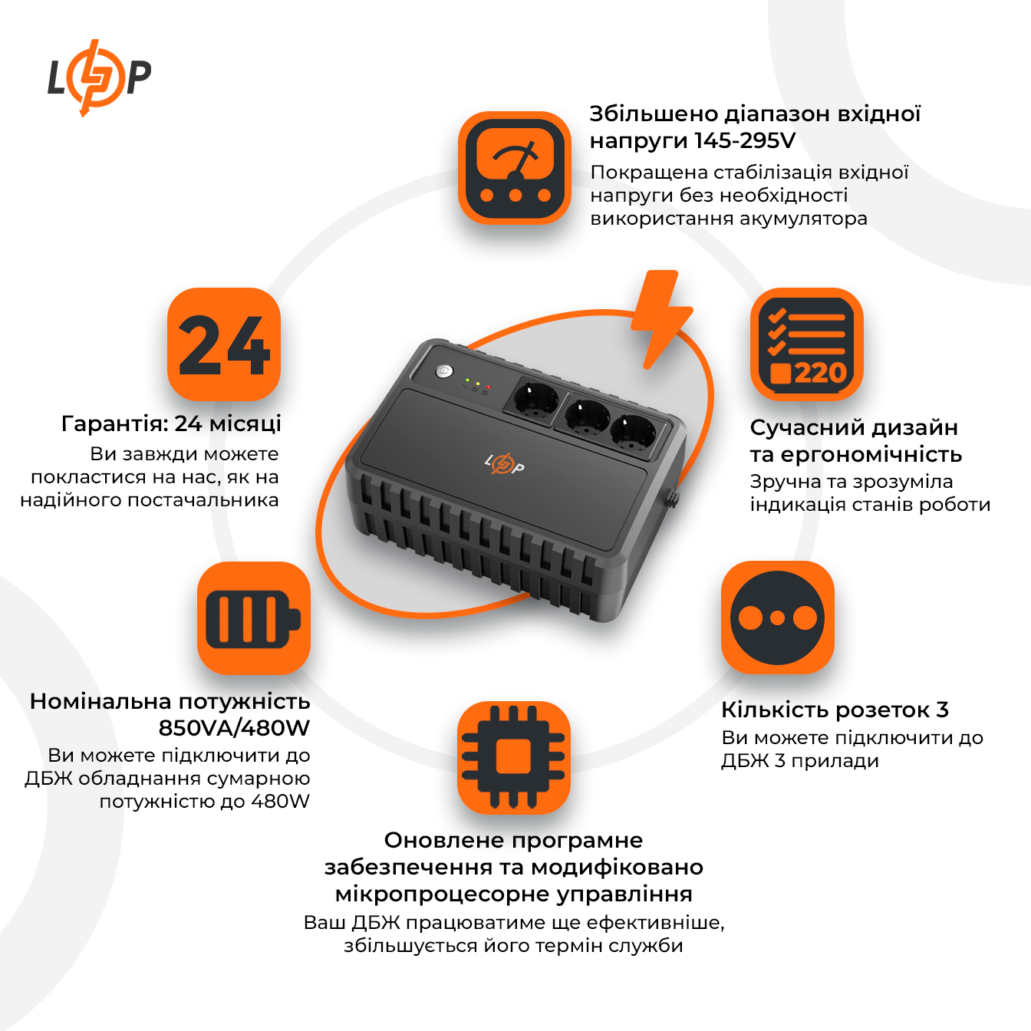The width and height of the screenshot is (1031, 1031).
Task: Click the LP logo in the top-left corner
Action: pos(99,77)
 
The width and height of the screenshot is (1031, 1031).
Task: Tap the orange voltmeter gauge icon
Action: pos(515,169)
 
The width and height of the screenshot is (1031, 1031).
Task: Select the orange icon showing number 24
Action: pos(224,344)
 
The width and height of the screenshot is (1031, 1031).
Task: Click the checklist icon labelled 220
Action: pos(806,344)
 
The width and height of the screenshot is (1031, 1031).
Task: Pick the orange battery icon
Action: pos(254,618)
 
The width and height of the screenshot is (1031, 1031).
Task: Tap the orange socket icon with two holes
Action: pos(777,618)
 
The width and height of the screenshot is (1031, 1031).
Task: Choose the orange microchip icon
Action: pos(513,757)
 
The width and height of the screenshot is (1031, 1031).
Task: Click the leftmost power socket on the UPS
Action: pos(533,400)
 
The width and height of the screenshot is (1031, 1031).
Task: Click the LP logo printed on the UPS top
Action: pos(504,463)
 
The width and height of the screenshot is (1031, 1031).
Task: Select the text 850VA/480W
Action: pos(234,727)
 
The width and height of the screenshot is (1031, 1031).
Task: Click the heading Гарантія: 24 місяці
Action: pos(171,423)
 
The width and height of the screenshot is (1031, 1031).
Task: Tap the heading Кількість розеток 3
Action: pos(835,710)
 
